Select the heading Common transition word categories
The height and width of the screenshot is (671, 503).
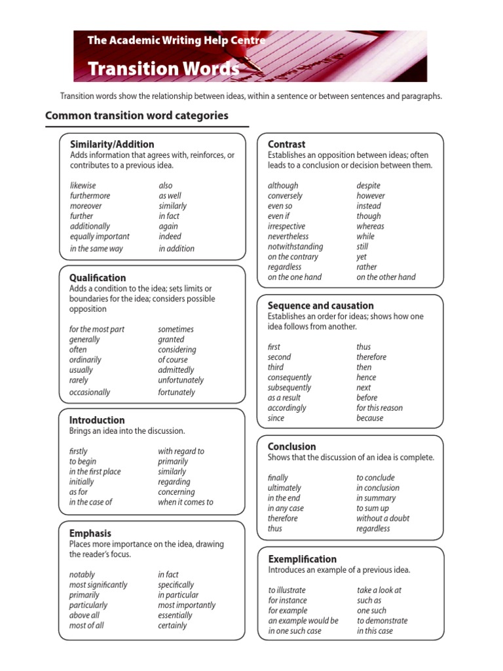(x=136, y=116)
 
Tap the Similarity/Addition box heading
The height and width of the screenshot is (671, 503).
(x=112, y=144)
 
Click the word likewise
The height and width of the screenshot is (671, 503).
(x=83, y=185)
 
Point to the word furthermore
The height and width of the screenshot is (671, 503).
(x=90, y=196)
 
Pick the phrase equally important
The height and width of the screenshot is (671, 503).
(x=100, y=237)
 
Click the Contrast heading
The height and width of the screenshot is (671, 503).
(x=286, y=144)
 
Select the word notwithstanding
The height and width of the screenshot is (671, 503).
(x=295, y=247)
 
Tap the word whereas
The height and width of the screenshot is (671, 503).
(x=370, y=226)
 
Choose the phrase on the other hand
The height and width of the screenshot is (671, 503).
(x=386, y=277)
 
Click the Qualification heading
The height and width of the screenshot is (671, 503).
(x=98, y=278)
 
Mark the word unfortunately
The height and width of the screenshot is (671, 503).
(x=181, y=380)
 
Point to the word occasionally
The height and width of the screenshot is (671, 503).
(x=90, y=393)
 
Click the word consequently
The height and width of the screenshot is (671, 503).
(x=289, y=377)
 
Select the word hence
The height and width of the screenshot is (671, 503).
(x=366, y=377)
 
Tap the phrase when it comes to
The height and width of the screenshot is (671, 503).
(x=185, y=502)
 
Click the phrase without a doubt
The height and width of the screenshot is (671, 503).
(x=382, y=518)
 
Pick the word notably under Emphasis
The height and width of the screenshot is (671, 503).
(x=82, y=575)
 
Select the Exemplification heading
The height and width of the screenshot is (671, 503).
(x=302, y=559)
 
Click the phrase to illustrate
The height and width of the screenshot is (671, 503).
(x=287, y=590)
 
